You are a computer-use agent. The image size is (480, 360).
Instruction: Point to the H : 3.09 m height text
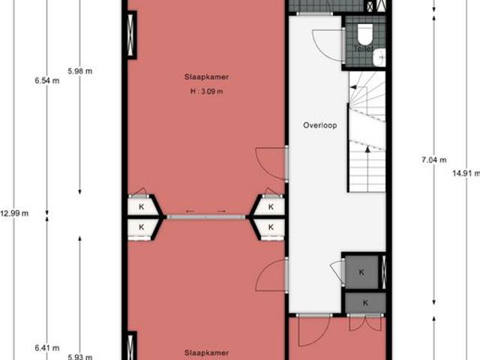pos(206,91)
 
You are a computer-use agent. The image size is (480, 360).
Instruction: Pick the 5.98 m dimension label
pos(79,71)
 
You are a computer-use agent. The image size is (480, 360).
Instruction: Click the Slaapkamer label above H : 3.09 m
pos(205,76)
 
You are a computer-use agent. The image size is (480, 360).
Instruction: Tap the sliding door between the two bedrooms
pos(206,217)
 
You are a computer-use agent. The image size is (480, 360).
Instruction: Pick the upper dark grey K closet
pos(362,271)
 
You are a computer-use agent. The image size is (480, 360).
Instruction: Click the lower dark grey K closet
pos(365,302)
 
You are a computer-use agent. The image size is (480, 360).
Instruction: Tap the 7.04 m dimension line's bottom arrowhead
pos(433,304)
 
